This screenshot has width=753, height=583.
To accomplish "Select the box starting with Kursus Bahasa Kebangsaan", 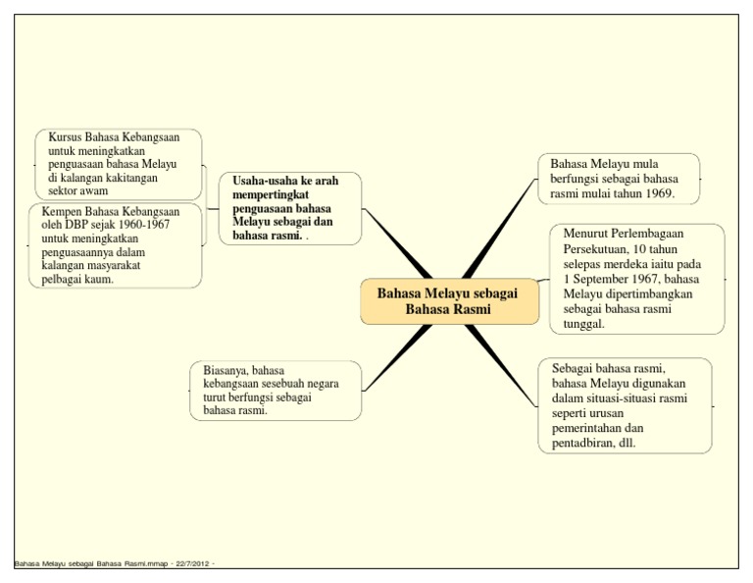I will click(118, 164).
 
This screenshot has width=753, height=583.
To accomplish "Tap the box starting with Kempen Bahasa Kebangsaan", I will click(116, 245).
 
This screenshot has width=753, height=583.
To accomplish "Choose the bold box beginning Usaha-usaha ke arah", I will click(291, 208).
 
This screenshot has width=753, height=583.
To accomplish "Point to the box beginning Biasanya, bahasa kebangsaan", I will click(275, 391).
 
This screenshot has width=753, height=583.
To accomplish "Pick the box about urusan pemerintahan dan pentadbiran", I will click(625, 405).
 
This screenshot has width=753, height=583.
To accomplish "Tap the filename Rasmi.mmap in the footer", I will click(141, 564).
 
